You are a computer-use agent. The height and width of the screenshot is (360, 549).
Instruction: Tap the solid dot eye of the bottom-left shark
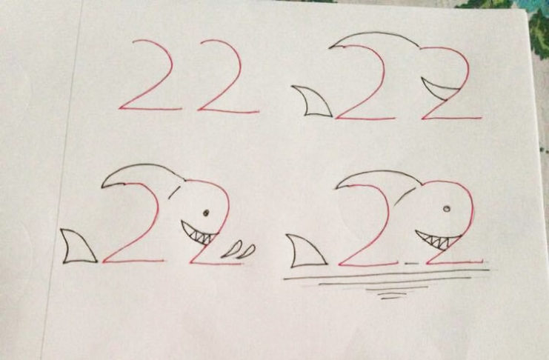(x=206, y=213)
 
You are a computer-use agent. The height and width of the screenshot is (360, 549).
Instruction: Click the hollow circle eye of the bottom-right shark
(x=447, y=209)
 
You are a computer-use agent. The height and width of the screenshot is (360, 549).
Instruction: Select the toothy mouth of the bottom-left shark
(x=198, y=234)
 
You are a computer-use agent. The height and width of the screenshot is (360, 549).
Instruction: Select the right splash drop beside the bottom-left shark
(x=247, y=252)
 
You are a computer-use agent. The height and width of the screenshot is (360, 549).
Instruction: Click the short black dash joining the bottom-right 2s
(x=411, y=262)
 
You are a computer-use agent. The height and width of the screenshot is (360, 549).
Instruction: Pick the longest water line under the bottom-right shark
(x=386, y=274)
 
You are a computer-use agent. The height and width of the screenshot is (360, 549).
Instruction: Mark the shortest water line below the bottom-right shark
(x=390, y=298)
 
